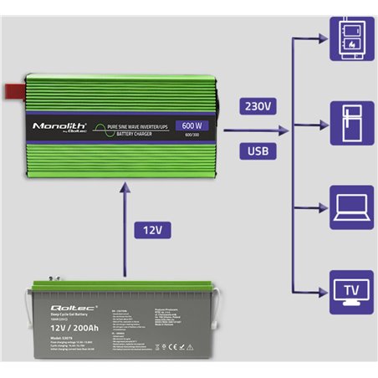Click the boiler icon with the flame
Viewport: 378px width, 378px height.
(x=346, y=38)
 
